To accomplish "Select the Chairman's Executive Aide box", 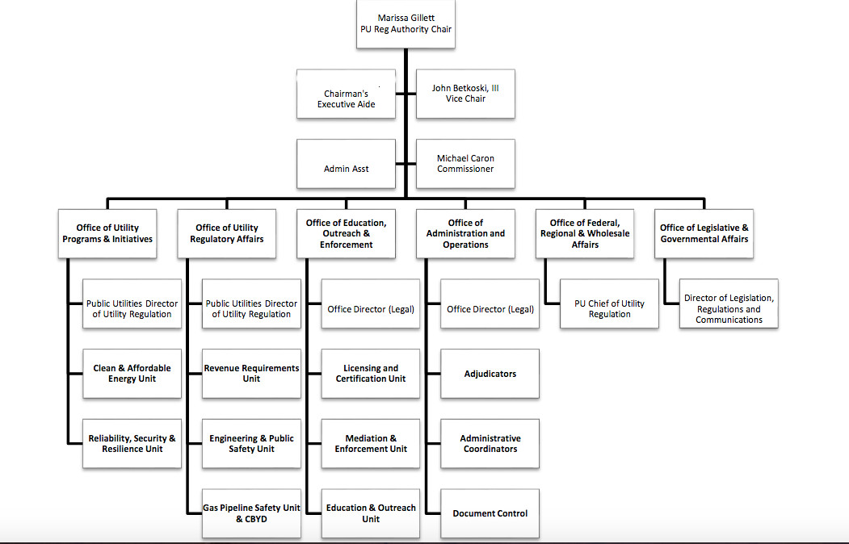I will coord(346,94).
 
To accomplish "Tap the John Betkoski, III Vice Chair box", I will coord(465,94).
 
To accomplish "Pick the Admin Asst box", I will coord(346,164).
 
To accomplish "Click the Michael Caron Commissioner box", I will coord(465,164).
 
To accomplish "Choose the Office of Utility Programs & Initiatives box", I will coord(107,233).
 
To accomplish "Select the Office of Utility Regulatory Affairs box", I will coord(227,233).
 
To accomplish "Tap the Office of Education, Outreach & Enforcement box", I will coord(346,233).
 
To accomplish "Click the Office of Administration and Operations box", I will coord(465,233).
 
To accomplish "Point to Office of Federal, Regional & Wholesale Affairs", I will coord(585,233).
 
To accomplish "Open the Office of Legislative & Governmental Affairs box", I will coord(704,233).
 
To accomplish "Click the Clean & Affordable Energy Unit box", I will coord(132,374).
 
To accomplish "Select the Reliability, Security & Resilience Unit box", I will coord(132,443).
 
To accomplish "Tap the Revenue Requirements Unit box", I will coord(251,374).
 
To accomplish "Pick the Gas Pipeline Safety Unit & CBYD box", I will coord(251,513).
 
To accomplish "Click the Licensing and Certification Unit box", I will coord(371,374).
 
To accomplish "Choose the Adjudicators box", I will coord(490,374).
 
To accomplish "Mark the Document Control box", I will coord(490,513).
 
